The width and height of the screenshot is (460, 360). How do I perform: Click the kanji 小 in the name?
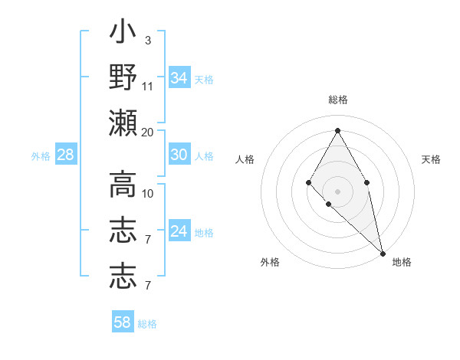(123, 33)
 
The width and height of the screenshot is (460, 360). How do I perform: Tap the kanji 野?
(123, 77)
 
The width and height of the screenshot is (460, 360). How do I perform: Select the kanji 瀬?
(123, 122)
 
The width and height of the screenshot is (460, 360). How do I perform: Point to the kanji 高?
(123, 185)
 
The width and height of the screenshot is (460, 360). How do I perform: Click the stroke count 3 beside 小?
(148, 40)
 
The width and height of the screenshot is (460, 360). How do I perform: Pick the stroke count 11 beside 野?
(148, 85)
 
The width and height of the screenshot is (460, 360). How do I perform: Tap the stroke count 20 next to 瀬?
(148, 132)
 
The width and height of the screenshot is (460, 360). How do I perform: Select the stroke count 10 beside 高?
(148, 193)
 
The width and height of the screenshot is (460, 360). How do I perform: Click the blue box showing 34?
(179, 78)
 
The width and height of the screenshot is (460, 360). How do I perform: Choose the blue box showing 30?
(179, 155)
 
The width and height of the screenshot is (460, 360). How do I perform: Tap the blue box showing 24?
(179, 231)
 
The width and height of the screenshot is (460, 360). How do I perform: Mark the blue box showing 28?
(66, 155)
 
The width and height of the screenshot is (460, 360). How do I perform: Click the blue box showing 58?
(123, 322)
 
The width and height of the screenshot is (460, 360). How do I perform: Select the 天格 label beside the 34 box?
(204, 80)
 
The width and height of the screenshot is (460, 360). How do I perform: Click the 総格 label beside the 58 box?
(147, 324)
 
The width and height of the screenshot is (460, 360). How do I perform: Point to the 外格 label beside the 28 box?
(41, 156)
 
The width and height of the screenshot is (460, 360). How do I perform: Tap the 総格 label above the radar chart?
(337, 100)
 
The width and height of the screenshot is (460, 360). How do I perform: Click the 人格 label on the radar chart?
(245, 159)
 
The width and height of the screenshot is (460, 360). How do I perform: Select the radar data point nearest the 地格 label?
(383, 253)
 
